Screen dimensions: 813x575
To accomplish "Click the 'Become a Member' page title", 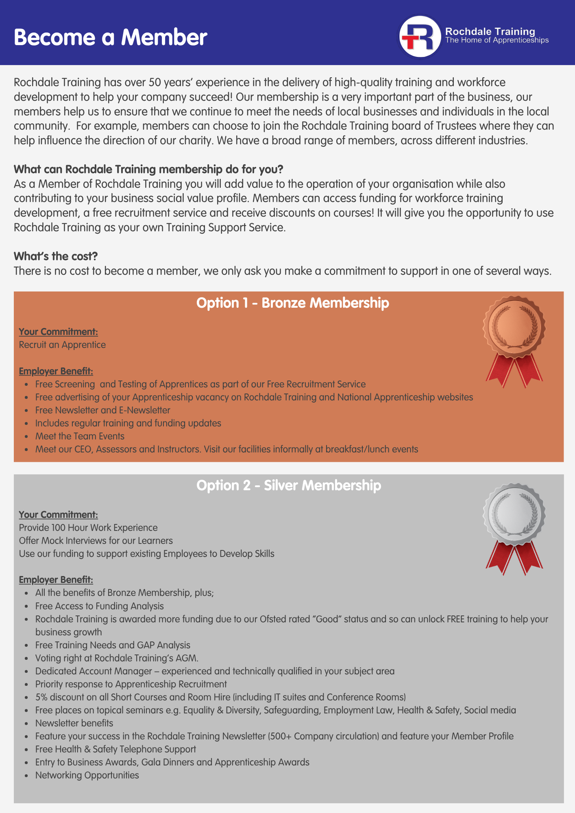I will tap(111, 37).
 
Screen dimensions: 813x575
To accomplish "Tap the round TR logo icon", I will tap(420, 37).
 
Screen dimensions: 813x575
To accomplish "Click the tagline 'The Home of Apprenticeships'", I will tap(497, 40).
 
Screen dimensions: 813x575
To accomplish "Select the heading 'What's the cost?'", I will tap(56, 256).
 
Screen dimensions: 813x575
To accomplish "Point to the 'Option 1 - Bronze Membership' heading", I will tap(292, 303).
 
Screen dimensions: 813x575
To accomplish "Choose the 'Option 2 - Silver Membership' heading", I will tap(289, 485).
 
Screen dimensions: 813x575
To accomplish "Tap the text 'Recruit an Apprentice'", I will tap(62, 345).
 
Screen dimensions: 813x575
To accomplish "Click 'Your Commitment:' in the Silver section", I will tap(58, 515).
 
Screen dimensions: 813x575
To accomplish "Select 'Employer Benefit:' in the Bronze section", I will tap(56, 371).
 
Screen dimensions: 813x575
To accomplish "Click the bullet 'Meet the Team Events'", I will tap(80, 436).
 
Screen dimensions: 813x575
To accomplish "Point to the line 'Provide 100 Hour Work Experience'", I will tap(88, 528).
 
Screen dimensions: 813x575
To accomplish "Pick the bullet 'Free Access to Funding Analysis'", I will tap(99, 606).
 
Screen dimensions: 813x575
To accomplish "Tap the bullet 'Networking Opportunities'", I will tap(87, 775).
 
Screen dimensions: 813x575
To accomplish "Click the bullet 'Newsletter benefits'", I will tap(74, 723).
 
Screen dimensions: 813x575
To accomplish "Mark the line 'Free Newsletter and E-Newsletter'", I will tap(102, 410).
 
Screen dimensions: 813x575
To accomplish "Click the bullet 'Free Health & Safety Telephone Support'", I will tap(115, 749).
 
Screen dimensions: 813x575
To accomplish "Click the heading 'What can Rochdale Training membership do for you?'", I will tap(148, 169).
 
